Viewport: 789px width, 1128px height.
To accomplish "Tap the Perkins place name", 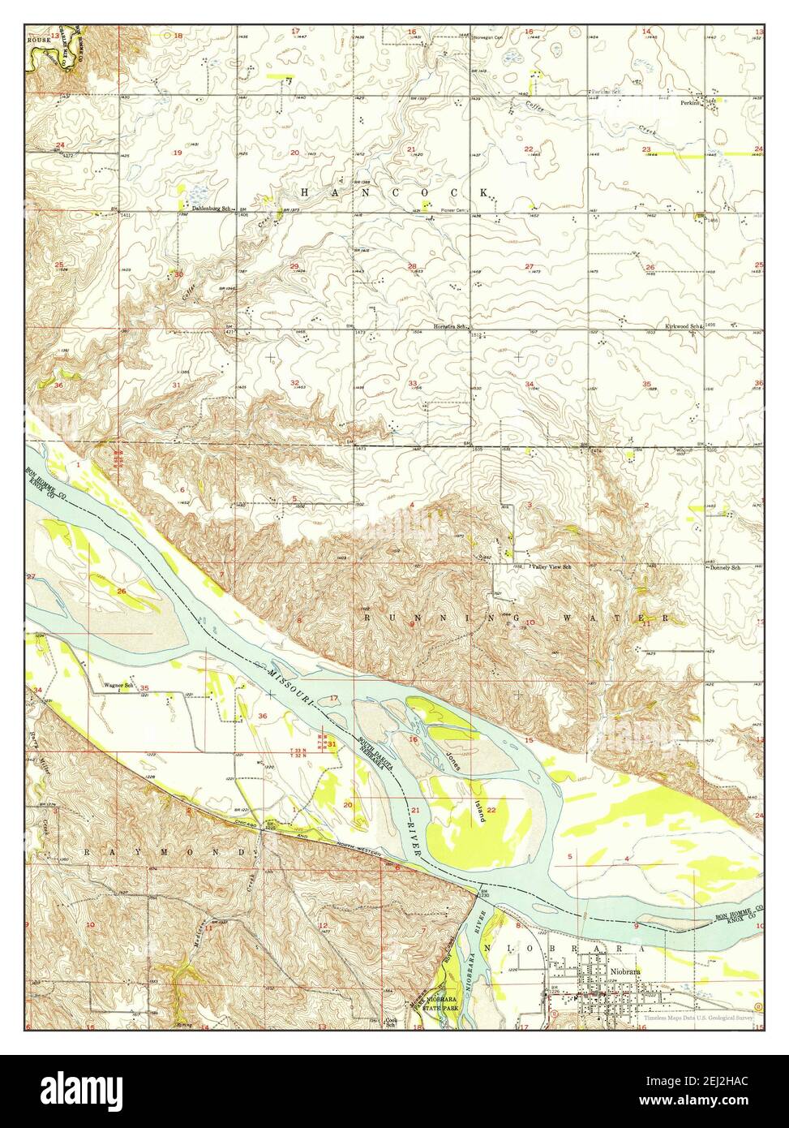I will (x=690, y=103).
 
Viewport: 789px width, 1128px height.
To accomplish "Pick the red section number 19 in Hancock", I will (x=177, y=153).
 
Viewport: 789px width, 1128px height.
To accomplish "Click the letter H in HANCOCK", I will (x=305, y=192).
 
